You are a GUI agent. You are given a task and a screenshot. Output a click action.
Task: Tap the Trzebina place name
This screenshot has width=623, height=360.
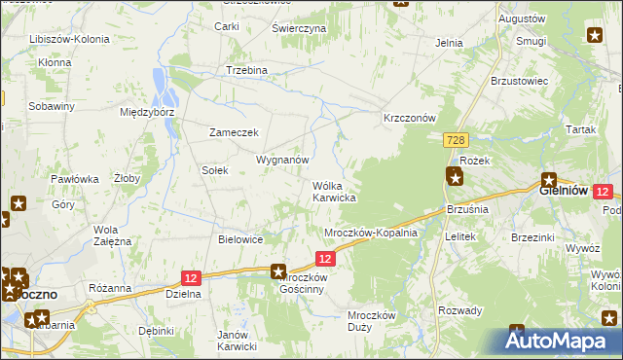pyautogui.click(x=246, y=70)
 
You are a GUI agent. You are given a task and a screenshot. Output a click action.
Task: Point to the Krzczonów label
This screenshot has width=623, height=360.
pyautogui.click(x=409, y=117)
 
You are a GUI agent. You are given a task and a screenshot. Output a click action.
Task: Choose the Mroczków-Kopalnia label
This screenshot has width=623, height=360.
pyautogui.click(x=370, y=233)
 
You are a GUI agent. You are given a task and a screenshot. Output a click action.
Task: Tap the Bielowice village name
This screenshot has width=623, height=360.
pyautogui.click(x=240, y=238)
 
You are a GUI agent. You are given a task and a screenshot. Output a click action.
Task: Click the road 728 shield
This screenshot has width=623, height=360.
pyautogui.click(x=456, y=141)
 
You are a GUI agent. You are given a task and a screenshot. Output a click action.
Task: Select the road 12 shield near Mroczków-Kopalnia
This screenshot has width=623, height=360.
pyautogui.click(x=326, y=258)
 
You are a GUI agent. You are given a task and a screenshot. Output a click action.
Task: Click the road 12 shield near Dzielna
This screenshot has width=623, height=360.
pyautogui.click(x=191, y=277)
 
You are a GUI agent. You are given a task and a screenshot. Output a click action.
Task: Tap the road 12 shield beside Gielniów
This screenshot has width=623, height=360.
pyautogui.click(x=604, y=193)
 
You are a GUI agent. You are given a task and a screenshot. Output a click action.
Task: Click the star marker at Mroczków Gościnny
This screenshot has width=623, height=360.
pyautogui.click(x=278, y=273)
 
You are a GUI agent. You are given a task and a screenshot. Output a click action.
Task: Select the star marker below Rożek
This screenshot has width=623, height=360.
pyautogui.click(x=455, y=176)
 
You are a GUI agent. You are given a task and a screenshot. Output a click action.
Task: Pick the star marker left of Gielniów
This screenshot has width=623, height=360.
pyautogui.click(x=549, y=180)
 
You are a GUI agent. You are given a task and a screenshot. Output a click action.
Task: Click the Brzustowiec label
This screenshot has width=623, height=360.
pyautogui.click(x=521, y=80)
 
